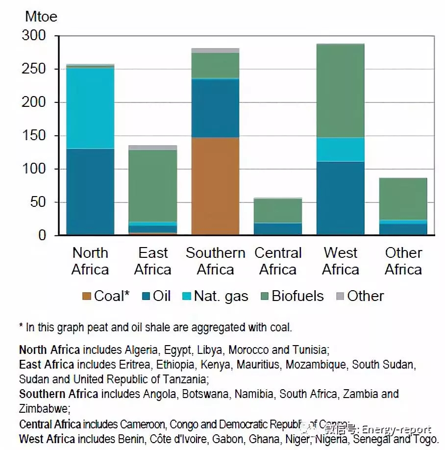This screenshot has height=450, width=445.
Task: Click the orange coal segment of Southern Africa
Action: [215, 186]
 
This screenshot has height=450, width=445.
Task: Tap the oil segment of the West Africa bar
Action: [341, 198]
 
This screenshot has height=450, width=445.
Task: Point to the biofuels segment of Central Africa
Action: [278, 211]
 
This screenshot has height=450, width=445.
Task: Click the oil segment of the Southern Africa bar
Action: [215, 108]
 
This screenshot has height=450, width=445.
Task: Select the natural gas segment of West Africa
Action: [341, 150]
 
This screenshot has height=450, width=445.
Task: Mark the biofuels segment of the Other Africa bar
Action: [403, 199]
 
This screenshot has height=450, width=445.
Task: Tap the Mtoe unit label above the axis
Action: [41, 17]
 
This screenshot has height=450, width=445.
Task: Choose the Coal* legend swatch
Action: [87, 296]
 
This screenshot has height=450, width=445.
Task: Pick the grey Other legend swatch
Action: [341, 296]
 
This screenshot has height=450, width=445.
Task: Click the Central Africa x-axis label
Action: [278, 261]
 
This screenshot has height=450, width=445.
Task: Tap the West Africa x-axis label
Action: [341, 261]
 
